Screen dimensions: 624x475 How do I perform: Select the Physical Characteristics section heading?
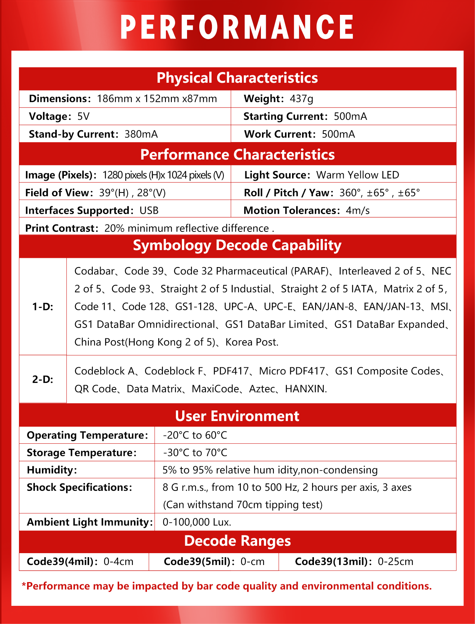tap(237, 78)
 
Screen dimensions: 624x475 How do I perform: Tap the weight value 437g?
tap(301, 99)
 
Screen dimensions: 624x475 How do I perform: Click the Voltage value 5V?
tap(83, 116)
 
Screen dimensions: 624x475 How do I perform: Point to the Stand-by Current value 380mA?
tap(141, 134)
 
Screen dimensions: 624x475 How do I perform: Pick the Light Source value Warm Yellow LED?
tap(357, 175)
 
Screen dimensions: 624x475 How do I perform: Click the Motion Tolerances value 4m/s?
tap(358, 211)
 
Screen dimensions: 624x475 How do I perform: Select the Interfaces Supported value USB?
tap(149, 211)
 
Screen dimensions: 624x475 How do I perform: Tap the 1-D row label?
tap(43, 307)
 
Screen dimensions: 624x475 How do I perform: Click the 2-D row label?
tap(43, 380)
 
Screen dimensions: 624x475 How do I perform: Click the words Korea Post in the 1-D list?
tap(252, 342)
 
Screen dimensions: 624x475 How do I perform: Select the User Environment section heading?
tap(237, 416)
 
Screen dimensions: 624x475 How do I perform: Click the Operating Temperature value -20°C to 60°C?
tap(195, 435)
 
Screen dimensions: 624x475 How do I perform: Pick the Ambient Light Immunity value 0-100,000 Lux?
tap(197, 522)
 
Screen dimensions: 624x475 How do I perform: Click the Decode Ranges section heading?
tap(237, 541)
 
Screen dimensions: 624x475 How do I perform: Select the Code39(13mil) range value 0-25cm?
tap(395, 562)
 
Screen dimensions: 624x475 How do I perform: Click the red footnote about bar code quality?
tap(227, 586)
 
